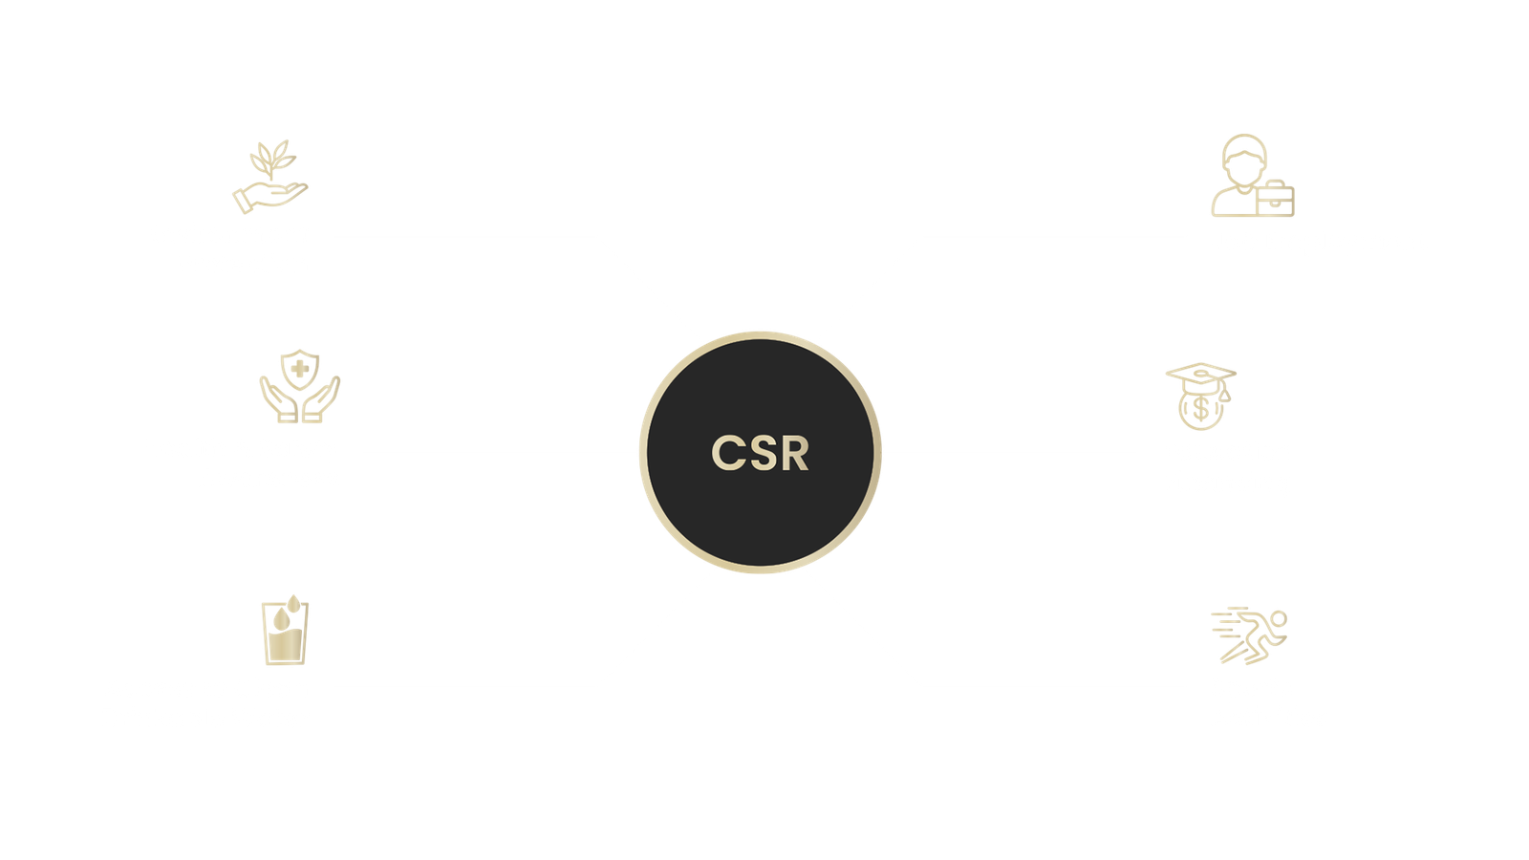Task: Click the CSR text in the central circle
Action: (761, 453)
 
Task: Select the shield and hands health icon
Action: (299, 386)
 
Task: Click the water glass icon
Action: (285, 631)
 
